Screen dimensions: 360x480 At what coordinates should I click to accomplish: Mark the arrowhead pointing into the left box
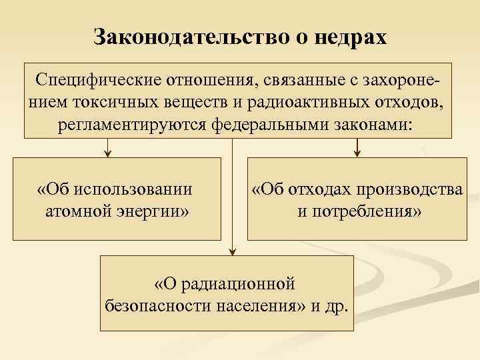108,154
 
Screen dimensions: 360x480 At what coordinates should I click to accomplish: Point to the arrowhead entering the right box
357,154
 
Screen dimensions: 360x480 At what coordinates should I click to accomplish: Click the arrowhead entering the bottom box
231,251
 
